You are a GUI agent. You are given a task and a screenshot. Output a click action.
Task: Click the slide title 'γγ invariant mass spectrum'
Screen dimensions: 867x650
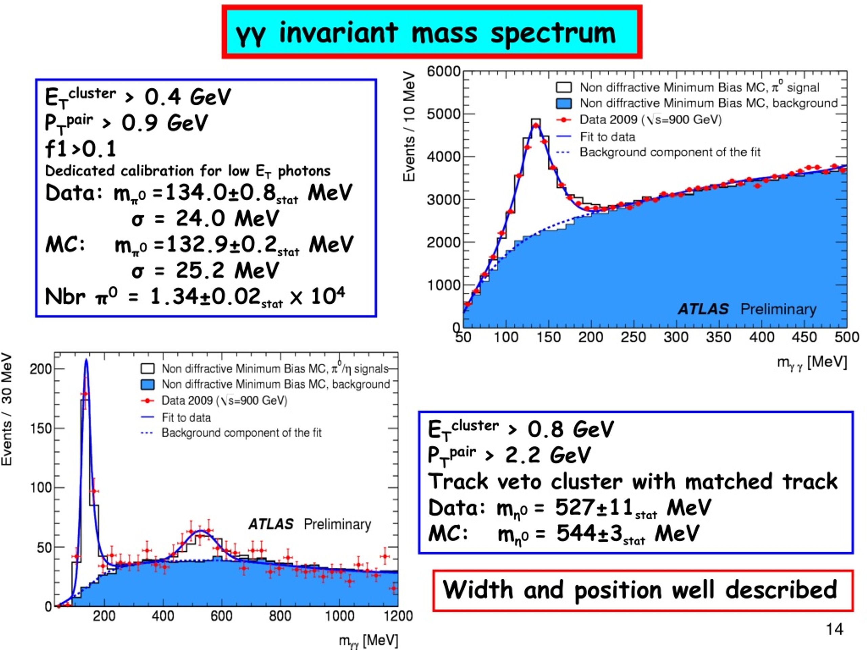pos(425,33)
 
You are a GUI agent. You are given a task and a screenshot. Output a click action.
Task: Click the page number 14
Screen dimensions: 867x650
pos(834,630)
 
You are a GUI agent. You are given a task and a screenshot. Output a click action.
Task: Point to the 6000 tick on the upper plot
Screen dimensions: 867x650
pos(443,72)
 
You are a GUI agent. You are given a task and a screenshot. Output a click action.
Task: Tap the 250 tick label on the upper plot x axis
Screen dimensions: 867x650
pos(633,337)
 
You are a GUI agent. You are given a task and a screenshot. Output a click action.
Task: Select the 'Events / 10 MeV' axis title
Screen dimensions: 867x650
pos(409,126)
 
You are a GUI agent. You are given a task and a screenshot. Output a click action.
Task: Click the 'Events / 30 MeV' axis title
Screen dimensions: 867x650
pos(7,409)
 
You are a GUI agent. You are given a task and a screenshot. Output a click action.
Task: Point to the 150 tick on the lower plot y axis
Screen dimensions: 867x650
pos(41,428)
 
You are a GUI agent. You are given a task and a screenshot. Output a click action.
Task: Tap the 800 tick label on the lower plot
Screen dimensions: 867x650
pos(280,616)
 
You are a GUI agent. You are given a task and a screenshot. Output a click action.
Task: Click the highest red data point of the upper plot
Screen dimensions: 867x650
pos(536,125)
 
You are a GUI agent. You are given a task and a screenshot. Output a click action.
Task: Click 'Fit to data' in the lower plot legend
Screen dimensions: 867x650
pos(186,418)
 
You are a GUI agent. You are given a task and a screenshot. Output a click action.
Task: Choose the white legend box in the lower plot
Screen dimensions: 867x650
pos(147,369)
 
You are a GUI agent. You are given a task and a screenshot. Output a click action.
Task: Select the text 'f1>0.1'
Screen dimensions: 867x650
pos(81,149)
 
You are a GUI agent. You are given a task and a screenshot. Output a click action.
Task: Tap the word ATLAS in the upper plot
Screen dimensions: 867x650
pos(703,309)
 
